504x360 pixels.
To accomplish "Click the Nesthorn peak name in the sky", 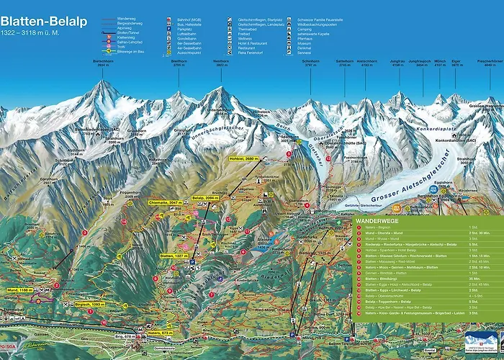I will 222,63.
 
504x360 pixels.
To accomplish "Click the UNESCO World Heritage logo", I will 482,341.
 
